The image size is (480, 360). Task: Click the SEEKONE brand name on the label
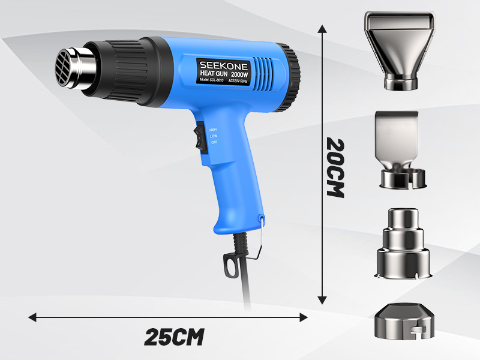tap(224, 65)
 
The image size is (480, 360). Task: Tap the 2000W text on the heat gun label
tap(239, 74)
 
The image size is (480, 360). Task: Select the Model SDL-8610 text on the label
tap(212, 80)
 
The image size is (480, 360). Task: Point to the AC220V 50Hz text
tap(238, 81)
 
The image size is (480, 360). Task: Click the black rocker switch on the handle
tap(201, 137)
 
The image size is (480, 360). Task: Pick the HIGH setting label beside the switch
tap(213, 130)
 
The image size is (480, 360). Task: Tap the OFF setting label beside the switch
tap(214, 142)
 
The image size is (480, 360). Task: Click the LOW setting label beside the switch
tap(214, 136)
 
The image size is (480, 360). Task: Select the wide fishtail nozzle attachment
tap(400, 51)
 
